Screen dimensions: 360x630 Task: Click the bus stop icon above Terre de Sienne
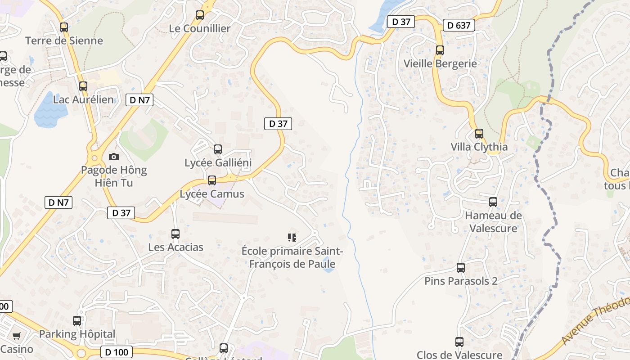pos(64,27)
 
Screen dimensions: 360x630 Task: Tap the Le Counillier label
pos(200,28)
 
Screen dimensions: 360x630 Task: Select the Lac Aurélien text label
pos(84,99)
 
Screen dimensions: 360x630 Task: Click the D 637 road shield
pos(459,26)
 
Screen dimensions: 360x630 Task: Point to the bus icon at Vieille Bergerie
pos(440,50)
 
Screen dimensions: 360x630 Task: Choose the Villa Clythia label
pos(479,147)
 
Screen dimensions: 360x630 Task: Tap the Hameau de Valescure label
pos(493,221)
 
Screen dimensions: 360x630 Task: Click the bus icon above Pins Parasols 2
pos(461,268)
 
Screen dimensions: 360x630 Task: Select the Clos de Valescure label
pos(459,355)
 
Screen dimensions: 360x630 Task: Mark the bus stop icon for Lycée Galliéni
pos(218,149)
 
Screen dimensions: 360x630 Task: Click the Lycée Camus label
pos(212,194)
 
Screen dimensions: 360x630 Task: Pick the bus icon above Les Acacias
pos(175,234)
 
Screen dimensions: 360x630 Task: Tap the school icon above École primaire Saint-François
pos(292,237)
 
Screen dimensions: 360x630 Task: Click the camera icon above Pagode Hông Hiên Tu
pos(114,157)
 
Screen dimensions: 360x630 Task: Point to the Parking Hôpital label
pos(77,334)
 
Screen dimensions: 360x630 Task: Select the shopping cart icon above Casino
pos(17,336)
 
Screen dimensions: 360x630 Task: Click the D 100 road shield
pos(117,352)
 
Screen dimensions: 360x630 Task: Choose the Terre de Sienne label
pos(64,40)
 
